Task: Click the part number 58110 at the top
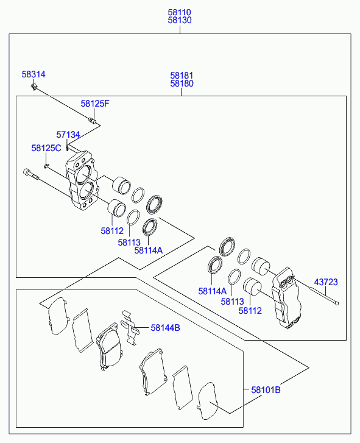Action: (180, 12)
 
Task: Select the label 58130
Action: (180, 20)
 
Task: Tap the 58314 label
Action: (34, 74)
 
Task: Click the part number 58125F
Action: (95, 104)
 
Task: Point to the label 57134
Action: (68, 135)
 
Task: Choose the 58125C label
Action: (46, 148)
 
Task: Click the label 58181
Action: (182, 76)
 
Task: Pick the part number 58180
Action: (182, 83)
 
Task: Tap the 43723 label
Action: (326, 282)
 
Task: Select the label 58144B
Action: (165, 328)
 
